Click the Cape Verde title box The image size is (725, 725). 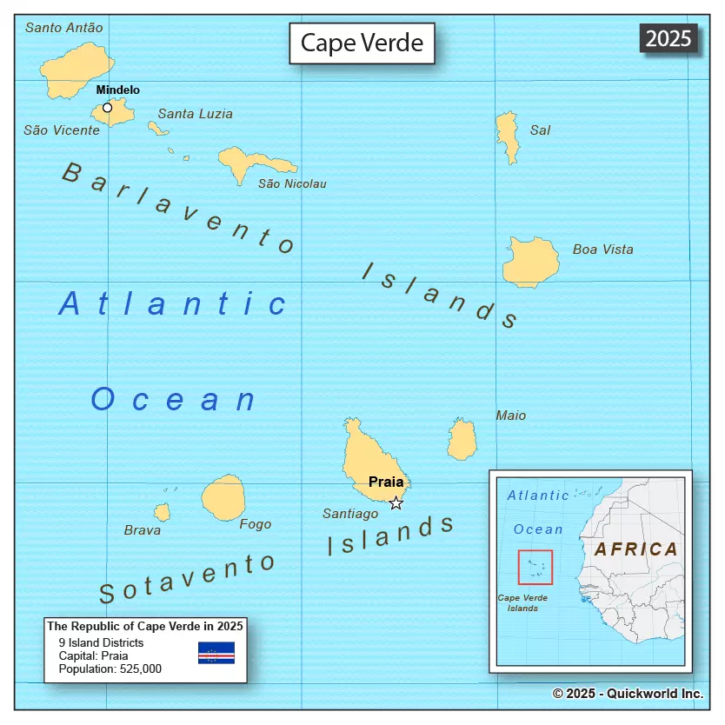click(x=362, y=43)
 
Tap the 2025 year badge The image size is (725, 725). click(x=668, y=38)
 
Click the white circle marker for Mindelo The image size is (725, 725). click(x=107, y=108)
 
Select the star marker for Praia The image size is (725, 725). click(x=396, y=502)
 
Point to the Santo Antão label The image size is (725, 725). click(x=63, y=27)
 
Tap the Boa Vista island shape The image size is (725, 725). click(x=531, y=262)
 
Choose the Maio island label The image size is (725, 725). click(x=511, y=416)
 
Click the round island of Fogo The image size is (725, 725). click(x=223, y=497)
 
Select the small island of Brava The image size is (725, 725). click(x=163, y=512)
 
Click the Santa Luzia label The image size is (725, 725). click(x=195, y=113)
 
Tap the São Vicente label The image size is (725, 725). click(x=61, y=130)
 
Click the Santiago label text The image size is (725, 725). click(x=350, y=514)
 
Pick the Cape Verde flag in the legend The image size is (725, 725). click(x=216, y=653)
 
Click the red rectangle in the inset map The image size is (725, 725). click(x=535, y=567)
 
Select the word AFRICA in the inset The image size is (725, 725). click(x=636, y=549)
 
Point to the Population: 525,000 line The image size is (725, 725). click(x=110, y=668)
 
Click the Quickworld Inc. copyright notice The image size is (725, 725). click(x=627, y=693)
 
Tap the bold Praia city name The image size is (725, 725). click(x=386, y=482)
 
